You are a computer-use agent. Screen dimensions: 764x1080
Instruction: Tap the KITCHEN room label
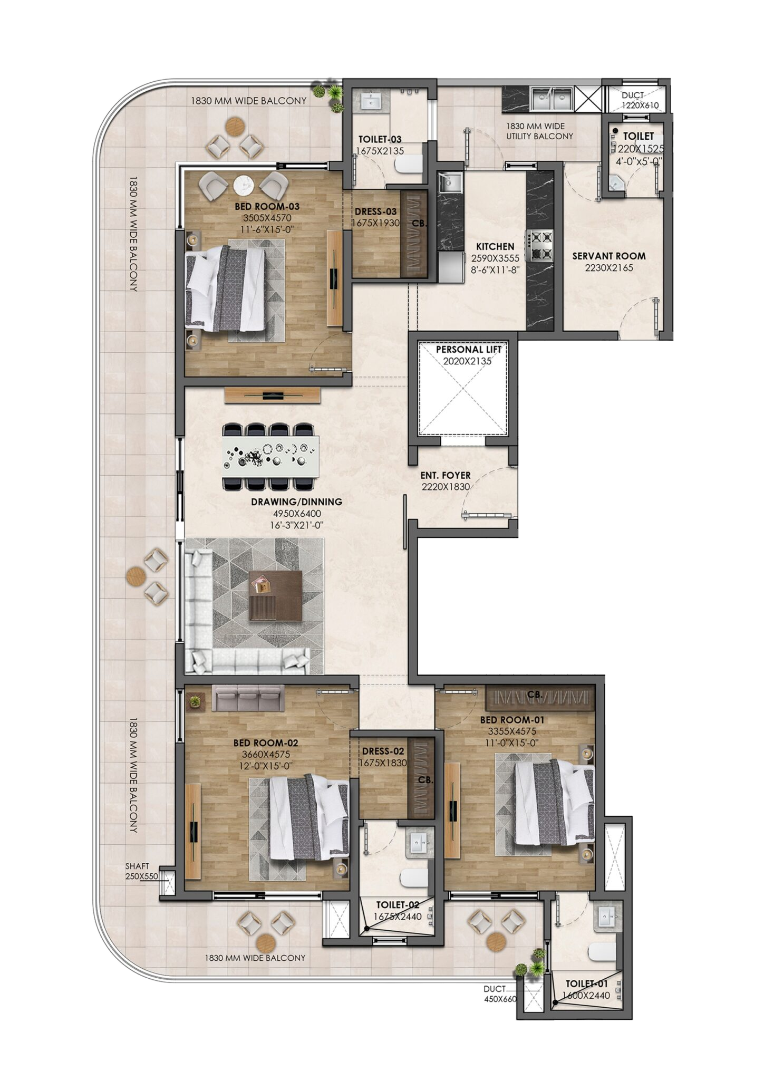tap(495, 246)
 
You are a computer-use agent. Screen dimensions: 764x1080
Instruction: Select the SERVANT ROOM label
tap(609, 256)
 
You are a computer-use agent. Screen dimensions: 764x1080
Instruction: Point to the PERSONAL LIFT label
tap(469, 349)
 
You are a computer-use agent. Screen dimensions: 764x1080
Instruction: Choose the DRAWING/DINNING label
tap(296, 502)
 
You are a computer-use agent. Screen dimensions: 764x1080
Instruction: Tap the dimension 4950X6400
tap(296, 513)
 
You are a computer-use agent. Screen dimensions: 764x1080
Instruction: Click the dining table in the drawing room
tap(271, 451)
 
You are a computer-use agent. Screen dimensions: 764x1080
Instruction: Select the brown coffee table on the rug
tap(275, 595)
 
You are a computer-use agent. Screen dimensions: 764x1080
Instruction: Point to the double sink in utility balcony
tap(551, 98)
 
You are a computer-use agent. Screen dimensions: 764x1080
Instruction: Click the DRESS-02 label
tap(383, 751)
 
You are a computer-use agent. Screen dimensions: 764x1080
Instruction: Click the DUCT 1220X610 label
tap(640, 100)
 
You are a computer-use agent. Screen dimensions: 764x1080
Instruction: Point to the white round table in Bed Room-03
tap(244, 185)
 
